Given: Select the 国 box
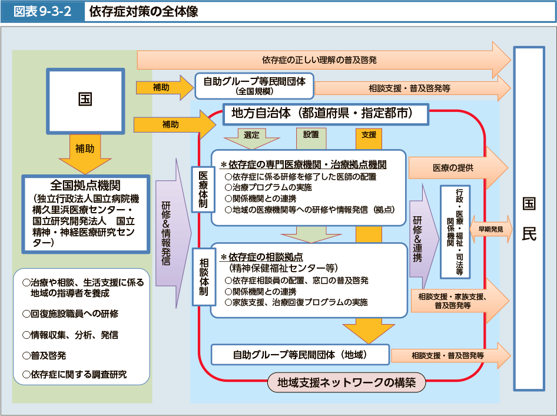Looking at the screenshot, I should tap(85, 99).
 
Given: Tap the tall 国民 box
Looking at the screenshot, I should tap(529, 218).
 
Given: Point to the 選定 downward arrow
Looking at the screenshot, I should tap(251, 137).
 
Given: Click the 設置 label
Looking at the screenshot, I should tap(311, 134).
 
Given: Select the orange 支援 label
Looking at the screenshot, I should tap(369, 134).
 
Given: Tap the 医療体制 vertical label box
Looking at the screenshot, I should tap(203, 190).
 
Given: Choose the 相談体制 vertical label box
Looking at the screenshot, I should tap(203, 275).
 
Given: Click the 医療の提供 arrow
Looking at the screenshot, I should tap(456, 167).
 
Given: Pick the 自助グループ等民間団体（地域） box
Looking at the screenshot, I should tap(300, 355).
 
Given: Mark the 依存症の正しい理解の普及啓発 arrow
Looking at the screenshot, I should tap(323, 60).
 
